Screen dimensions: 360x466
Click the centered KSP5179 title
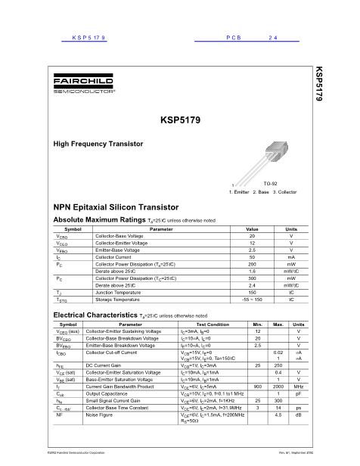[180, 119]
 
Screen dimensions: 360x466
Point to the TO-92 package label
[270, 184]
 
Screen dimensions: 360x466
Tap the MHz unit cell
[298, 385]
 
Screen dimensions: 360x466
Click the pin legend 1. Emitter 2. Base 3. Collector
[262, 192]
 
